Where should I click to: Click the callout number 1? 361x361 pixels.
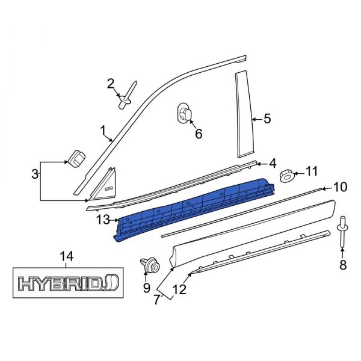click(103, 129)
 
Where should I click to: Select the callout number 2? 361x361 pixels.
click(111, 84)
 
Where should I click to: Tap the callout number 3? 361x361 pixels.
click(35, 174)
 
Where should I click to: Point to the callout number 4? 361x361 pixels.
click(272, 163)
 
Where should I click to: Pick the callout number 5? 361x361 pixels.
click(267, 119)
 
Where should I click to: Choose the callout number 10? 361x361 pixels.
click(340, 187)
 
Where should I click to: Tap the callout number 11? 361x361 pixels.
click(310, 172)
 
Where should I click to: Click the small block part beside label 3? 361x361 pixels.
click(76, 158)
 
